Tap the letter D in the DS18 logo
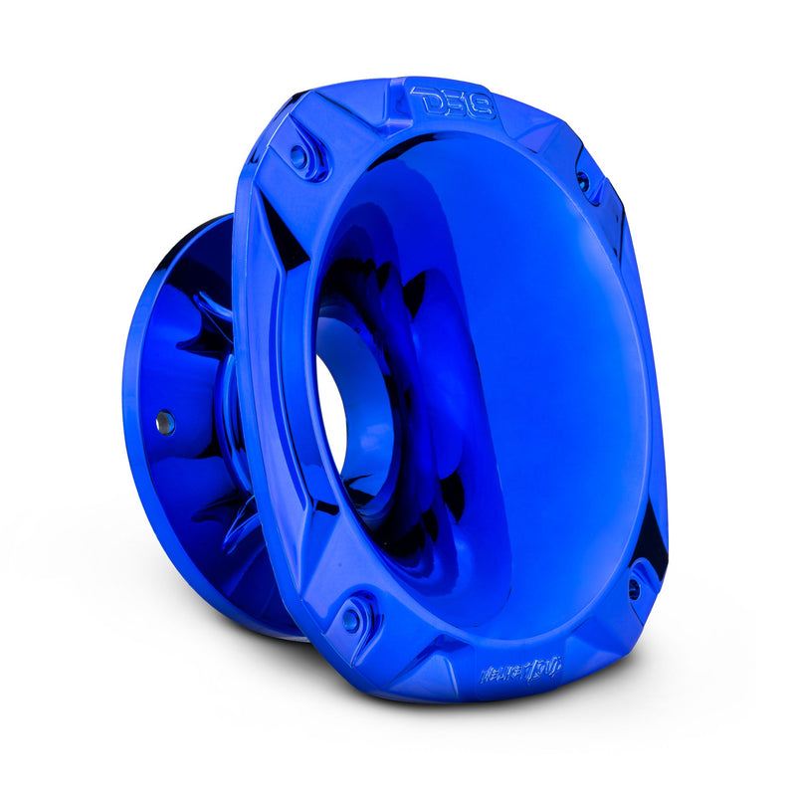pyautogui.click(x=426, y=100)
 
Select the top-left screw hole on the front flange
pyautogui.click(x=298, y=155)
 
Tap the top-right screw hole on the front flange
pyautogui.click(x=583, y=181)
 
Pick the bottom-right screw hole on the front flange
pyautogui.click(x=634, y=589)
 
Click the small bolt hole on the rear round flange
pyautogui.click(x=164, y=422)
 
